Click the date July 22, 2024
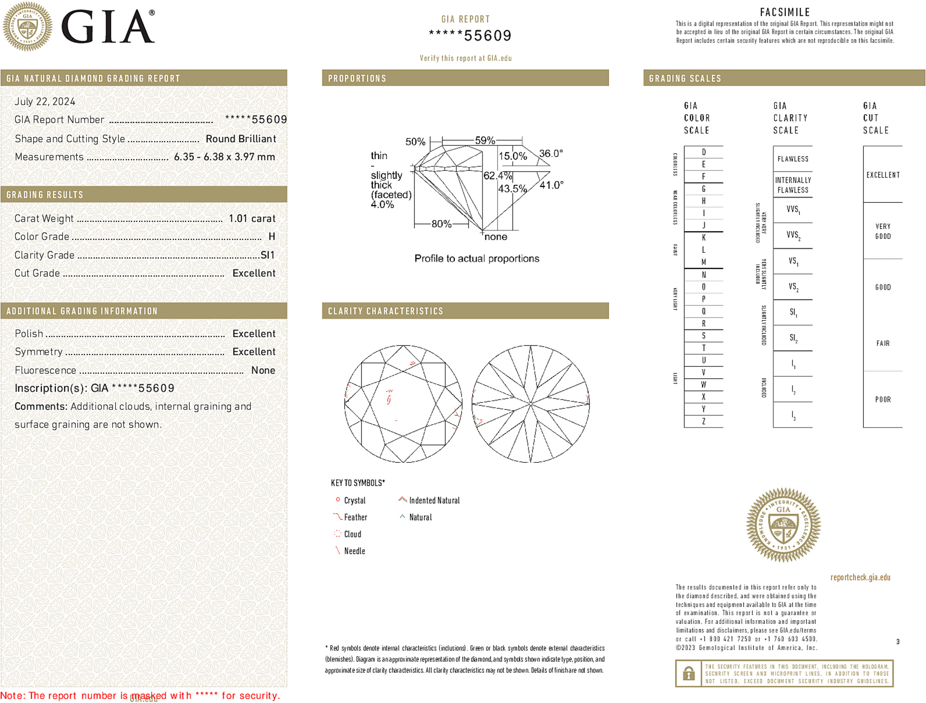(x=45, y=102)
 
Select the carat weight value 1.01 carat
(x=252, y=219)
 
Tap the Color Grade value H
(x=271, y=237)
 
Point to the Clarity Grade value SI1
(x=267, y=255)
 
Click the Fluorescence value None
(x=263, y=370)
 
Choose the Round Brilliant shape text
(x=241, y=139)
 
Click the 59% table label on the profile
(x=485, y=140)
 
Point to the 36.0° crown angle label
(x=551, y=154)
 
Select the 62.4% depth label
(x=497, y=176)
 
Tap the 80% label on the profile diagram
(x=441, y=224)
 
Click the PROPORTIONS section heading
(x=357, y=79)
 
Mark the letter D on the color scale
(x=704, y=152)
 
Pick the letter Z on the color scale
(x=704, y=421)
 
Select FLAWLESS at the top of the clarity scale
(x=793, y=159)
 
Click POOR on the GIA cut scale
(x=882, y=399)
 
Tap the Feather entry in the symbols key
(x=355, y=518)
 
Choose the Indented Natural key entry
(x=434, y=501)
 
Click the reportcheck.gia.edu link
(x=860, y=577)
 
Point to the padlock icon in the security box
(x=689, y=673)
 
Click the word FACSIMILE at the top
(x=785, y=12)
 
